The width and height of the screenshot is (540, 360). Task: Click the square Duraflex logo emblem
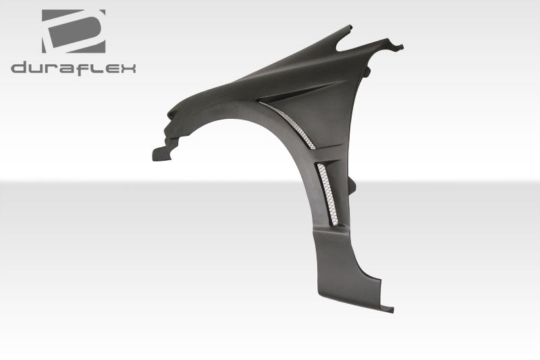(x=73, y=31)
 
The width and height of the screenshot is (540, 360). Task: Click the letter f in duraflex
(x=82, y=67)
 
